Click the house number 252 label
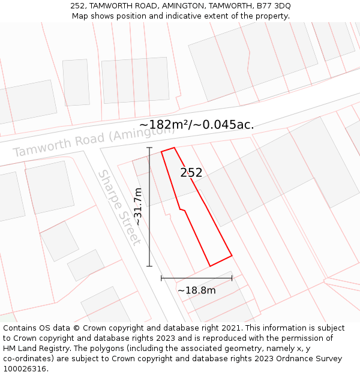click(x=191, y=173)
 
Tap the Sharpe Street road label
click(x=119, y=207)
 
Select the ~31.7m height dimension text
click(x=138, y=206)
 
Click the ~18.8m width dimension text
click(x=196, y=290)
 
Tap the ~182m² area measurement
click(x=165, y=125)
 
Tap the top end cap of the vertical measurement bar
click(x=149, y=148)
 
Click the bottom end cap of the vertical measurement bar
click(x=149, y=266)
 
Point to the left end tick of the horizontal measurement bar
click(x=161, y=278)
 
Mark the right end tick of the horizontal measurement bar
click(x=232, y=278)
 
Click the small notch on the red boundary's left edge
click(x=182, y=209)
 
